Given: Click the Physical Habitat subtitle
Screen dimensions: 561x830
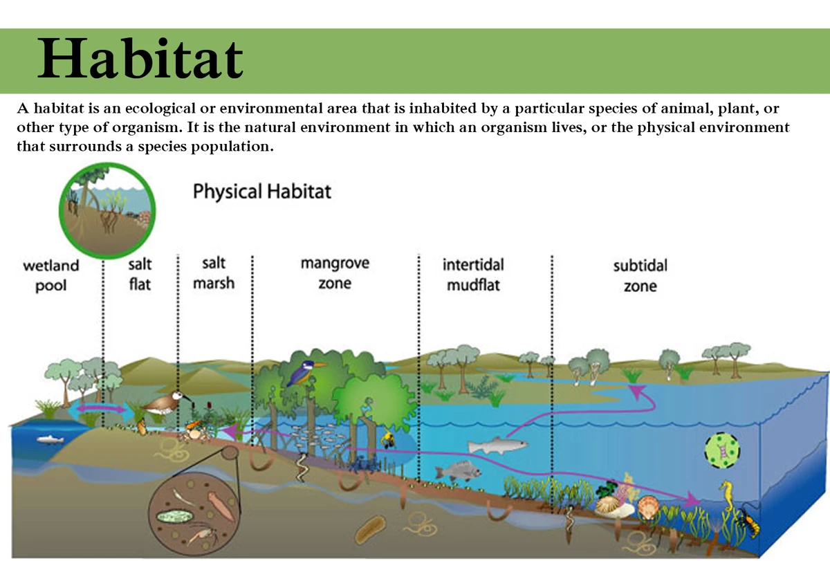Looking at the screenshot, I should point(262,191).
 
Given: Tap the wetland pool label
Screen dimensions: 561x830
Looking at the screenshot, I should point(50,275).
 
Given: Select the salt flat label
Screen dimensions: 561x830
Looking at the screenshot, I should point(140,273).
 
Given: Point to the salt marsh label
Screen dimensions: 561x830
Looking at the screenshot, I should point(214,273).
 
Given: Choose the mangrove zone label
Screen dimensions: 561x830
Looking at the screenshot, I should point(335,273).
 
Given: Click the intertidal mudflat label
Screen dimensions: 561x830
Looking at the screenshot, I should point(473,275).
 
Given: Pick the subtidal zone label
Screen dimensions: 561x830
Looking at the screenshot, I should point(640,275).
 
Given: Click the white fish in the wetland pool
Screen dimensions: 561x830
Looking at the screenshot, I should point(48,439).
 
